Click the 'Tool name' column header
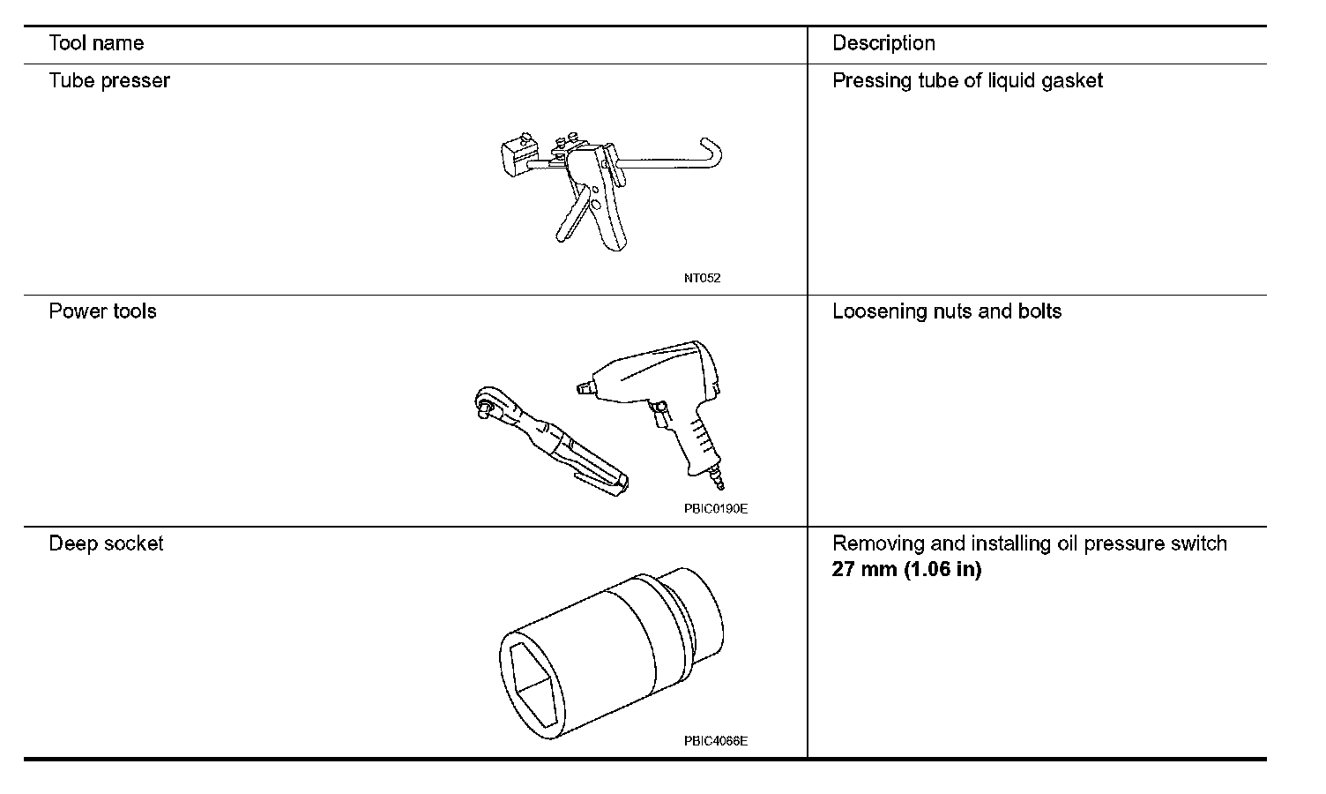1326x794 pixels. click(96, 43)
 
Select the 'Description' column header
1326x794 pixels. click(883, 43)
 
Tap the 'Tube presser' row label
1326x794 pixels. click(109, 81)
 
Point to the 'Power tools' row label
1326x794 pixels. click(102, 311)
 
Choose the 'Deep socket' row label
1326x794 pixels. click(106, 543)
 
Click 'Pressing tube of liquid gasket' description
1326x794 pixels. click(967, 81)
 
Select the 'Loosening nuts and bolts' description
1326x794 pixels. click(947, 311)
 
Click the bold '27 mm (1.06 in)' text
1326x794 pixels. click(906, 569)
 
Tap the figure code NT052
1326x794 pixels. click(702, 279)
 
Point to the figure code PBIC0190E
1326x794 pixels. click(715, 509)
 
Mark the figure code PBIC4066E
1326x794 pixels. click(715, 741)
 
